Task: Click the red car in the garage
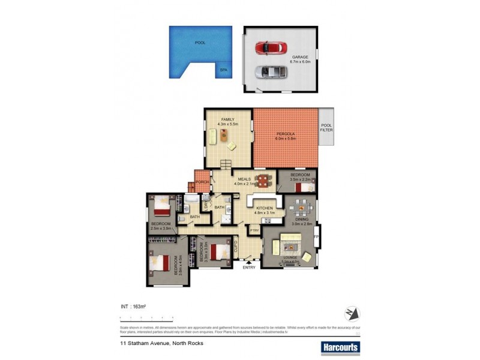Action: coord(271,47)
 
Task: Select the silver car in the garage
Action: coord(271,73)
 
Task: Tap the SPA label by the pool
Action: coord(224,70)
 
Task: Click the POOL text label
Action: coord(200,43)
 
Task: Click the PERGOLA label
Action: coord(285,134)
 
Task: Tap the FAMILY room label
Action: coord(227,120)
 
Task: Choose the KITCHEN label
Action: coord(265,209)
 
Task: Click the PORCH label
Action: coord(202,182)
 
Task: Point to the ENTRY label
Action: coord(249,267)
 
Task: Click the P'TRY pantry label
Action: coord(254,230)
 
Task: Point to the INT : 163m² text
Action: coord(134,307)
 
